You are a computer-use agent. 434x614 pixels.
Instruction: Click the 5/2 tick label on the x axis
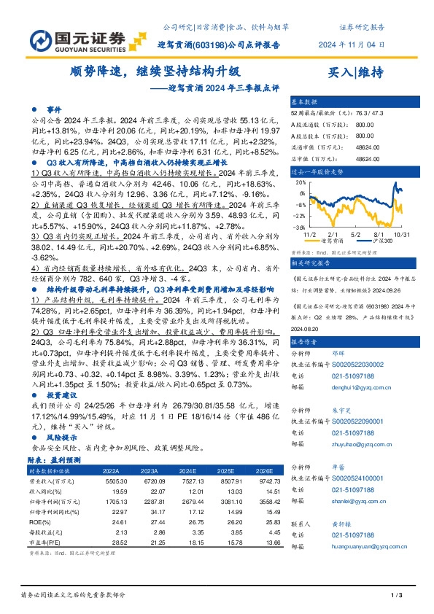coord(357,234)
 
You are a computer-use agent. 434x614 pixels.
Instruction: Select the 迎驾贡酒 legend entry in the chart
coord(341,240)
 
